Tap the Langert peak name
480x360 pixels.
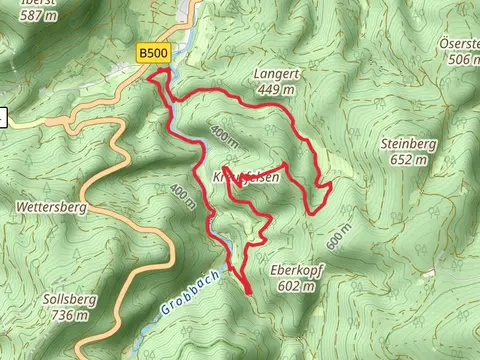click(x=277, y=74)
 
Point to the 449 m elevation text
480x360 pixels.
click(x=277, y=90)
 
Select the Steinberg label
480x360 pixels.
click(x=408, y=144)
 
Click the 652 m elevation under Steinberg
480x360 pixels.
click(x=408, y=160)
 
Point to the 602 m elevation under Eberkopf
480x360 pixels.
click(x=295, y=286)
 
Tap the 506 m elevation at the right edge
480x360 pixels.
click(x=460, y=60)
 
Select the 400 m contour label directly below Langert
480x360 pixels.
click(x=224, y=132)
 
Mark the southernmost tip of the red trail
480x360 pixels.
click(x=247, y=292)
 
